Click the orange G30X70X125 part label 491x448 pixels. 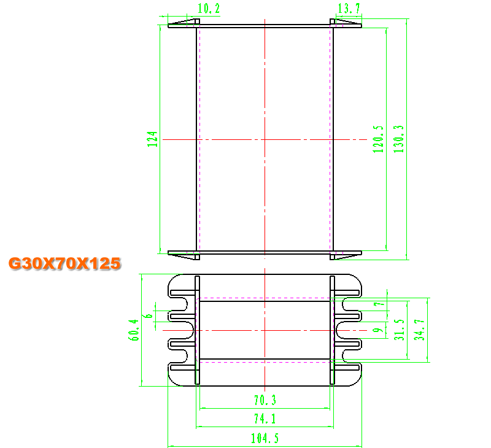tap(64, 263)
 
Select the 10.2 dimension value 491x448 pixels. tap(209, 9)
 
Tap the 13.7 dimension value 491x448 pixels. tap(349, 9)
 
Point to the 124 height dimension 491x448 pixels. tap(152, 139)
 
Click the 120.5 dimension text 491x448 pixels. tap(378, 139)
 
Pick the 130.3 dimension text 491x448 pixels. tap(398, 139)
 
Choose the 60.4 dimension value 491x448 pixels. tap(134, 330)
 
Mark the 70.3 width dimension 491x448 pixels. tap(265, 400)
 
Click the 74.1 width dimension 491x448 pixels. tap(265, 419)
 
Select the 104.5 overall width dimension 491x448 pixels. tap(265, 438)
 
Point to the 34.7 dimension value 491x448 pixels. tap(419, 330)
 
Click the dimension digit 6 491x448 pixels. tap(149, 315)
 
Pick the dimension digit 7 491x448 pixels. tap(379, 304)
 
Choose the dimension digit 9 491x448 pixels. tap(379, 330)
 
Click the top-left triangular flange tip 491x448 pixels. tap(168, 24)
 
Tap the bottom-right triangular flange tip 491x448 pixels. tap(361, 253)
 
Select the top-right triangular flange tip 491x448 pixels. tap(361, 24)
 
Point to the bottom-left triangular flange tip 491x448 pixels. tap(168, 253)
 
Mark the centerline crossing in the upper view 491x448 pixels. tap(265, 139)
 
